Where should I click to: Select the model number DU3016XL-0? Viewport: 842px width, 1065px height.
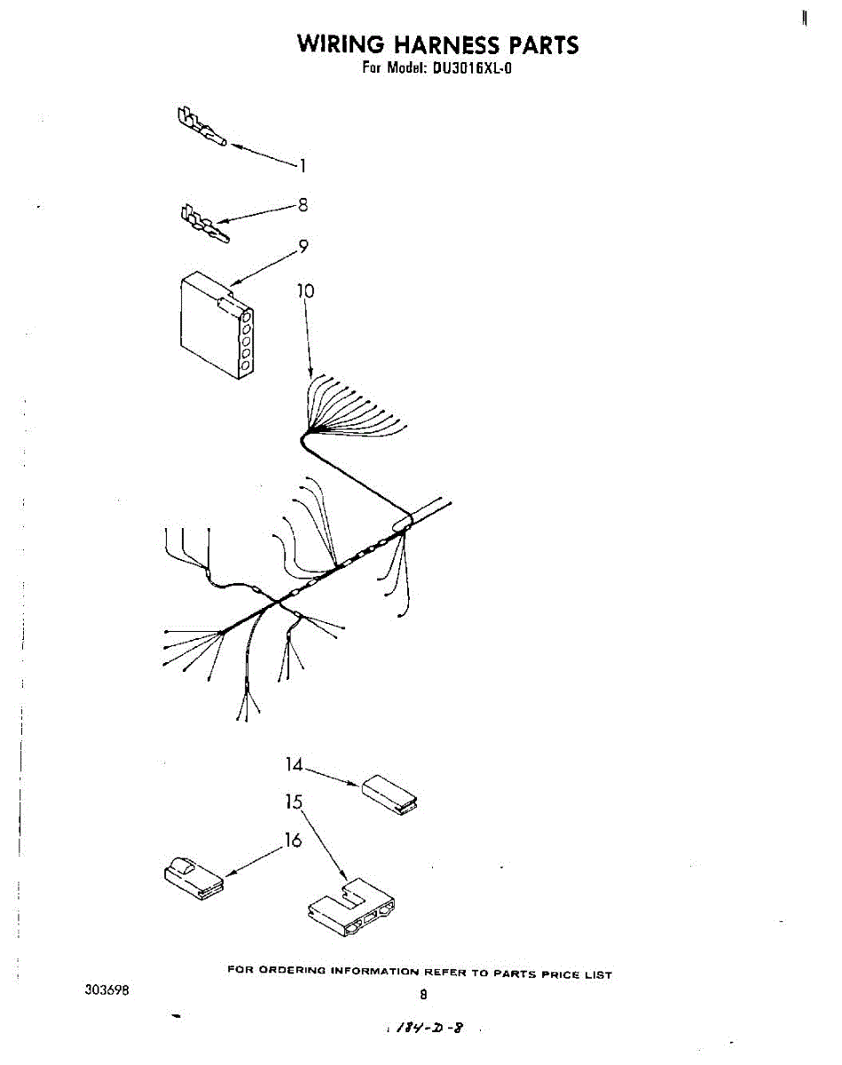pyautogui.click(x=472, y=68)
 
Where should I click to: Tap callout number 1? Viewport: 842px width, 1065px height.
pyautogui.click(x=302, y=165)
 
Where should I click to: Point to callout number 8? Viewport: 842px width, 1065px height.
pyautogui.click(x=303, y=205)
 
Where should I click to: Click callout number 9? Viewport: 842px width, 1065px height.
pyautogui.click(x=303, y=248)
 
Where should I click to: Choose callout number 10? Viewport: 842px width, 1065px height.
pyautogui.click(x=305, y=290)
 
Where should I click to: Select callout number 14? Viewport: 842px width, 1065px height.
pyautogui.click(x=295, y=764)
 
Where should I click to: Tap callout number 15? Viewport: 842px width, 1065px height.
pyautogui.click(x=295, y=802)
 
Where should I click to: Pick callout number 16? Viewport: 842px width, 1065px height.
pyautogui.click(x=293, y=840)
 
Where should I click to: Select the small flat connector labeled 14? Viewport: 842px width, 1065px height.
pyautogui.click(x=389, y=793)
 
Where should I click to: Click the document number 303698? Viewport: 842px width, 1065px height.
pyautogui.click(x=108, y=990)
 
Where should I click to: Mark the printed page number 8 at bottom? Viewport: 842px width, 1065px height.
pyautogui.click(x=423, y=995)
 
